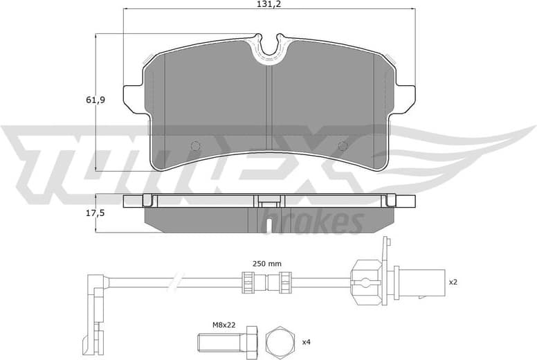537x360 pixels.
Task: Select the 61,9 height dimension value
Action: coord(96,100)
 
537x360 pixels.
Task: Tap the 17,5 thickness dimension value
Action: coord(96,213)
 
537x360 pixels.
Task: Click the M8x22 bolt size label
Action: coord(222,323)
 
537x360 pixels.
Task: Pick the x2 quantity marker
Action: coord(453,282)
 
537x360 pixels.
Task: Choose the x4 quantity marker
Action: coord(305,342)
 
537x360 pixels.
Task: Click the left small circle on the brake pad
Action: coord(195,145)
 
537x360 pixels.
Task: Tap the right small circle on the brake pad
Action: coord(342,145)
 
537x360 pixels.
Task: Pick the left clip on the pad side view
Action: coord(147,201)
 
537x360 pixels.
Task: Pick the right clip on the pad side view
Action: coord(391,201)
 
